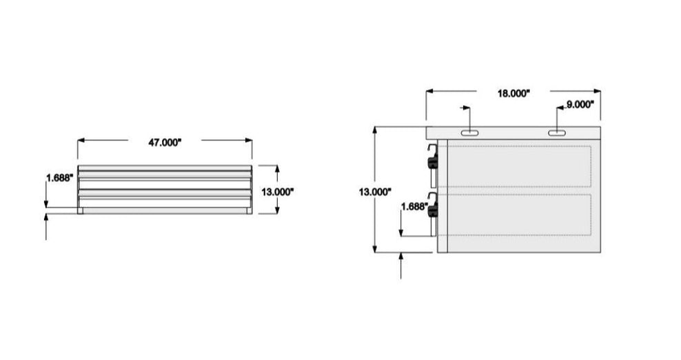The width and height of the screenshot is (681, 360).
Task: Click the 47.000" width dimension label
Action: point(165,143)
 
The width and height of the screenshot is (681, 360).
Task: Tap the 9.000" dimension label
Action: point(580,105)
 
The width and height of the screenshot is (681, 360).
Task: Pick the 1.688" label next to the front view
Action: point(59,178)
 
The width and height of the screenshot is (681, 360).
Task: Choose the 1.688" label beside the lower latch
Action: point(415,206)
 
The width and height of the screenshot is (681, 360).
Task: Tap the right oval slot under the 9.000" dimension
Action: point(557,133)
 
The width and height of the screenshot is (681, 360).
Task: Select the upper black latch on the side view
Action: point(433,163)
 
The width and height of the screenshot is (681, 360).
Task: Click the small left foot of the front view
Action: point(81,211)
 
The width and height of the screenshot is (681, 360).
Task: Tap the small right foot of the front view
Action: point(248,211)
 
